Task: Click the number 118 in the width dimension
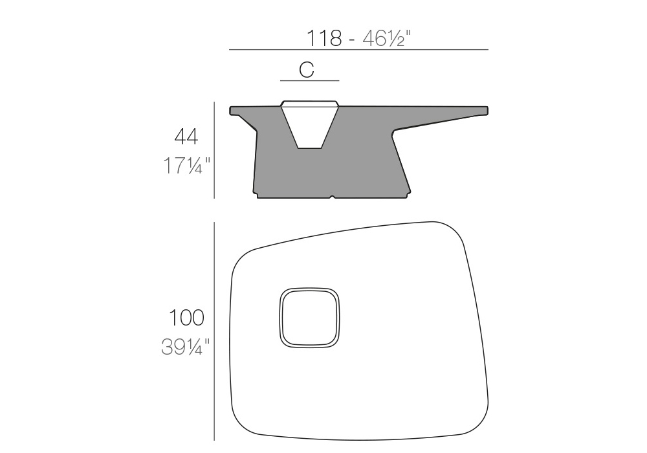point(324,38)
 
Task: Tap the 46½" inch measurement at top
point(387,38)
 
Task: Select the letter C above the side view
point(307,70)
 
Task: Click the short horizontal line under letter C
point(309,80)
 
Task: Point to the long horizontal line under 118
point(358,50)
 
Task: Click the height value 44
point(186,137)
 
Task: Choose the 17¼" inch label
point(186,166)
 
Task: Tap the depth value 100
point(186,318)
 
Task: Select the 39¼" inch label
point(185,347)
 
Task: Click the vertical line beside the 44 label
point(214,149)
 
